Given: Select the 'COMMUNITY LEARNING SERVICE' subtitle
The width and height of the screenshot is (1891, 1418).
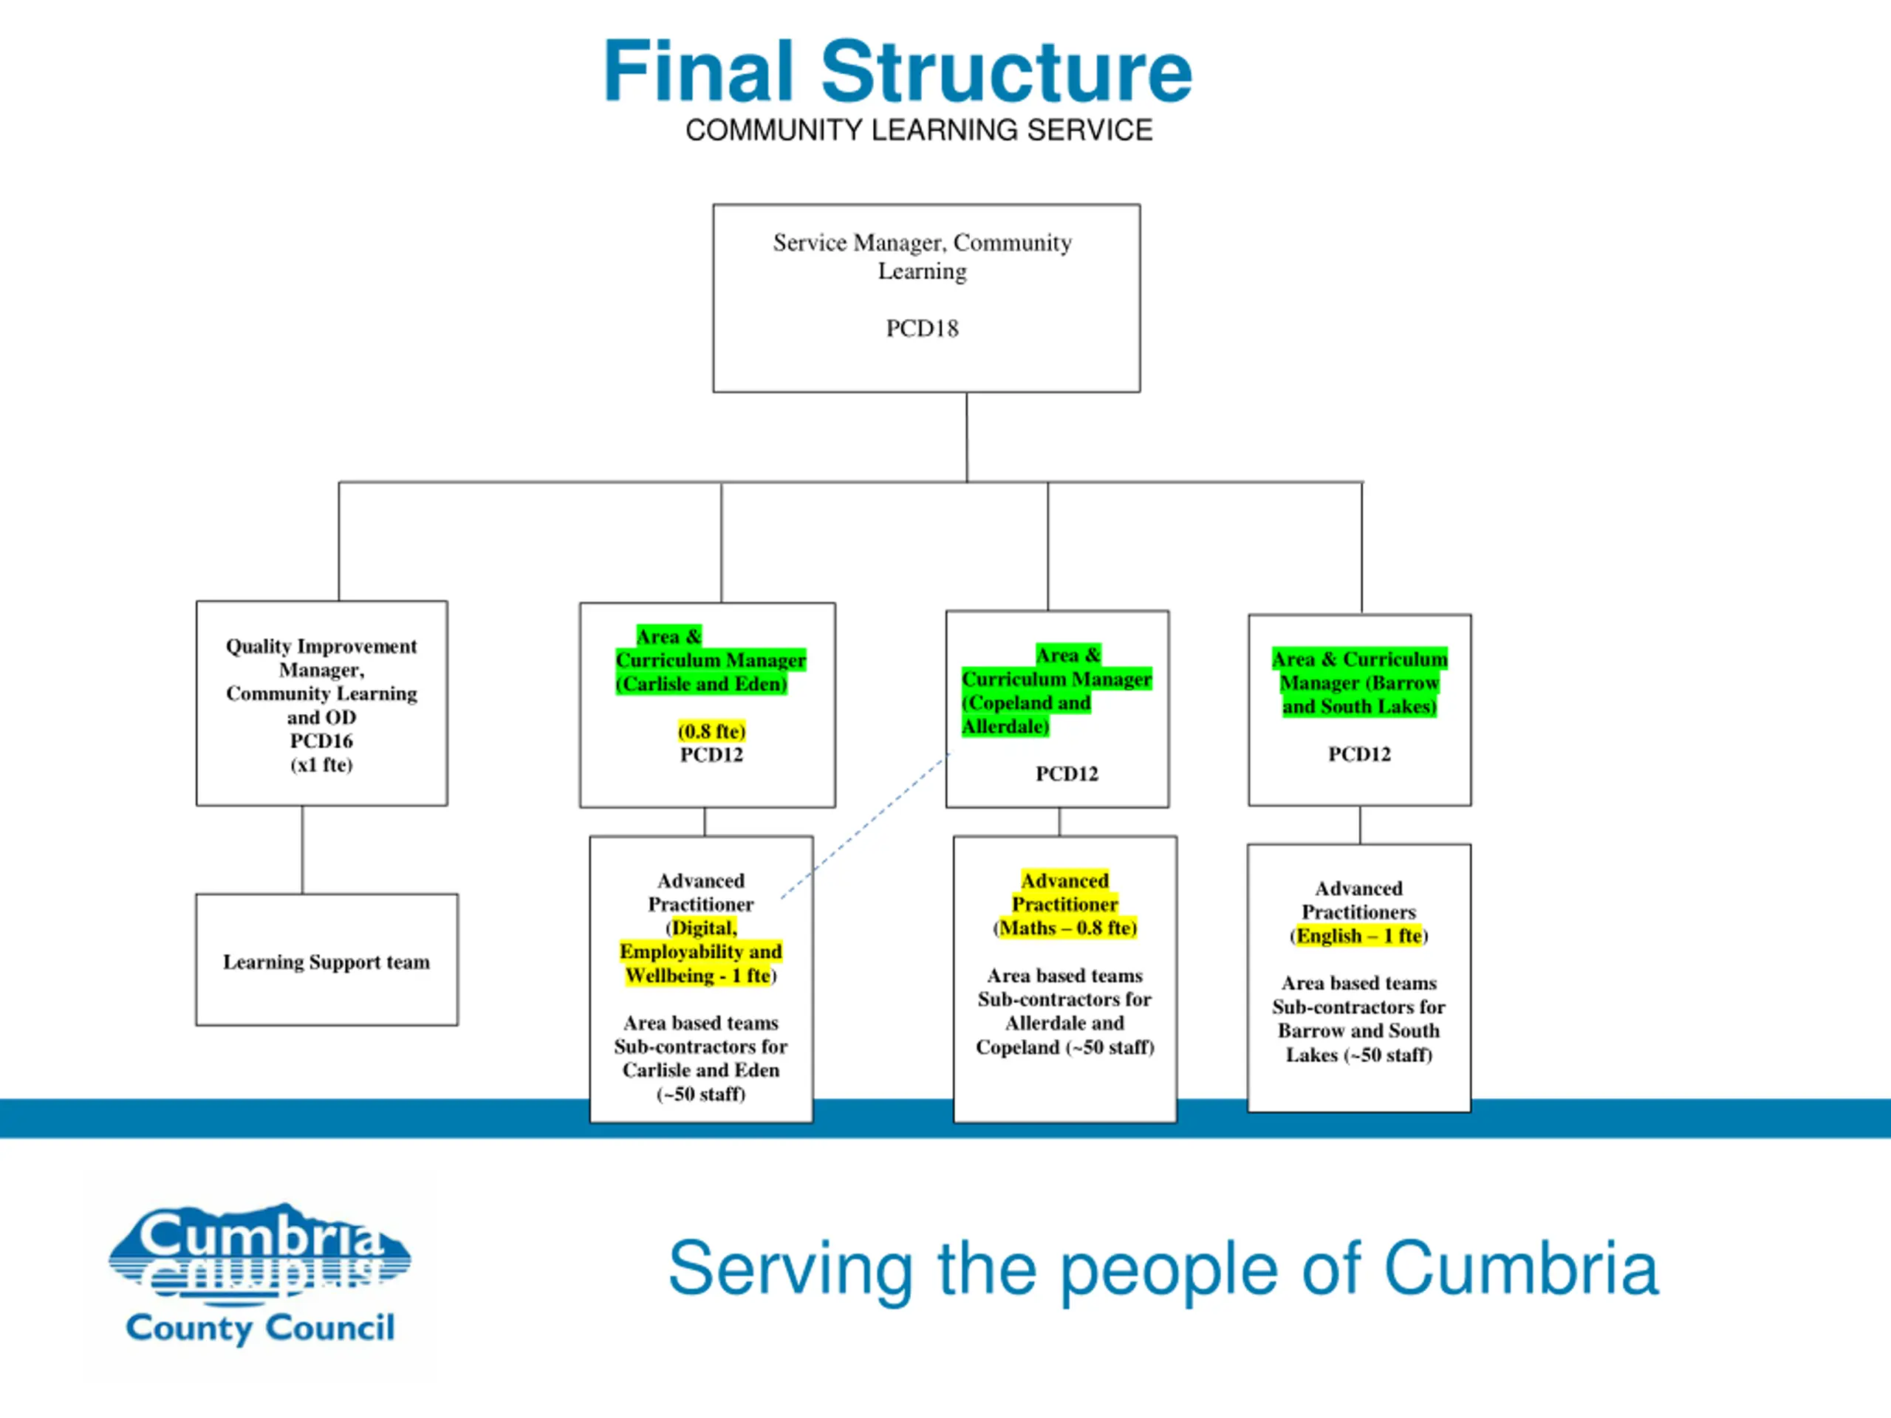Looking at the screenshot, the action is coord(919,130).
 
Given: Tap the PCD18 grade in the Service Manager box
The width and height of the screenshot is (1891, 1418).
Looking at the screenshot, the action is coord(923,328).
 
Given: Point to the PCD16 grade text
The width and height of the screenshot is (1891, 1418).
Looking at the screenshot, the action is coord(321,741).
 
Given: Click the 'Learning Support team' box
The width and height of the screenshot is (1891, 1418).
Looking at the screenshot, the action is coord(326,960).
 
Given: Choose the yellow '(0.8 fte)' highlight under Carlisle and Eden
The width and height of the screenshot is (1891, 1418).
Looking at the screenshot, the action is coord(712,731).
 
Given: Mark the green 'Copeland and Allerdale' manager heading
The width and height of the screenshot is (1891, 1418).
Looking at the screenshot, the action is coord(1056,691).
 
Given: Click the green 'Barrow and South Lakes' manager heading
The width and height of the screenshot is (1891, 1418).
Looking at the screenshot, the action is coord(1359,682).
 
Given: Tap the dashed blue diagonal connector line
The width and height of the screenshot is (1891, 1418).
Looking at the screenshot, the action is coord(864,826).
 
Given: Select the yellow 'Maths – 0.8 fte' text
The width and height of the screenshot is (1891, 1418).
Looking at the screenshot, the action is coord(1065,928).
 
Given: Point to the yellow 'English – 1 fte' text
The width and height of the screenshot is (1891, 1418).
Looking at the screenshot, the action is coord(1359,936).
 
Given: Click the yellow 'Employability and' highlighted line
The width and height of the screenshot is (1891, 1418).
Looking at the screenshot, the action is coord(701,951).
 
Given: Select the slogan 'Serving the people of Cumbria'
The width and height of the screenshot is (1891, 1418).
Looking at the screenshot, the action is coord(1163,1270).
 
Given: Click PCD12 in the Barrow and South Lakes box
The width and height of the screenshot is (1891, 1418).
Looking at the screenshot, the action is coord(1359,754).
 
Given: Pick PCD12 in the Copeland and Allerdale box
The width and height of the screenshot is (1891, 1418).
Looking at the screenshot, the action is coord(1067,773).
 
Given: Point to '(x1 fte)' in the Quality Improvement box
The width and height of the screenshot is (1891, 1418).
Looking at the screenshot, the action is coord(321,764).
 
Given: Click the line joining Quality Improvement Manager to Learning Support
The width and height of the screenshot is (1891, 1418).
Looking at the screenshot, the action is coord(302,849).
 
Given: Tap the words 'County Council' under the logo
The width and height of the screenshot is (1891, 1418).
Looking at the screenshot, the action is coord(260,1328).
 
